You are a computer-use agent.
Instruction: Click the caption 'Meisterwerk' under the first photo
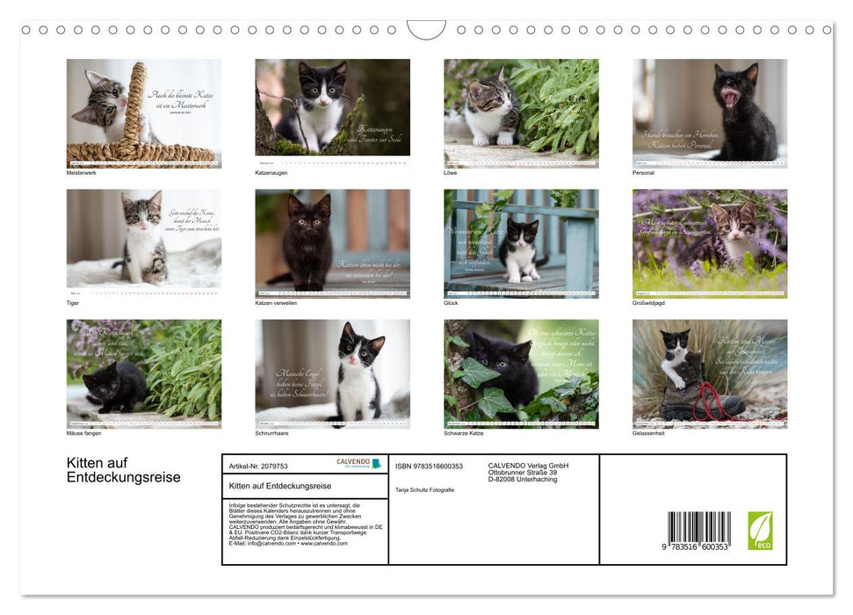click(82, 173)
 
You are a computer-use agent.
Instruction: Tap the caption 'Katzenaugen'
click(271, 173)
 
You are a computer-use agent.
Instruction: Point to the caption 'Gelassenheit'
click(649, 433)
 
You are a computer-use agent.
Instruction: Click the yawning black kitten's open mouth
click(728, 97)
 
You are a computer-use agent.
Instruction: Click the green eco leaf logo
click(760, 531)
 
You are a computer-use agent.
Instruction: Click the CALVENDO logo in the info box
click(358, 464)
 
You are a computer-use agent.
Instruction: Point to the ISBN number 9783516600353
click(429, 467)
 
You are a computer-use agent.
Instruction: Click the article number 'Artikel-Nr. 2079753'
click(258, 467)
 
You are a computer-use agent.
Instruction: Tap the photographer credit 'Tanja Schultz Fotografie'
click(425, 490)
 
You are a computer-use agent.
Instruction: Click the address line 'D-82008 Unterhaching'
click(523, 480)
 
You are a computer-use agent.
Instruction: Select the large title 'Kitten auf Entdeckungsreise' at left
click(123, 471)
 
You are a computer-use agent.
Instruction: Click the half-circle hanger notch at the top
click(426, 29)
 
